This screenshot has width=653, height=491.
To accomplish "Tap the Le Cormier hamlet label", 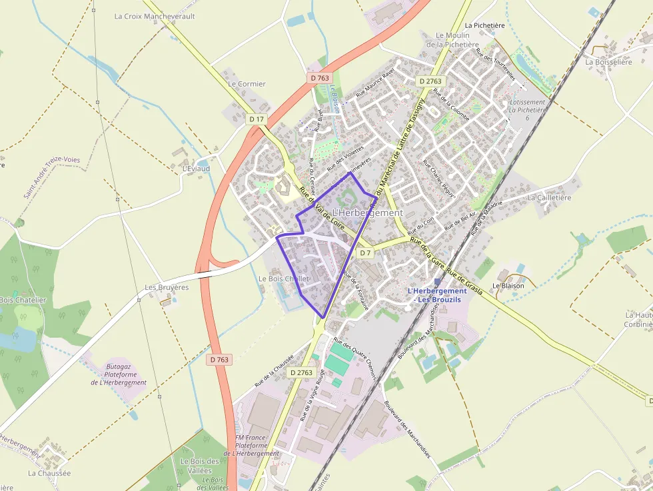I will [247, 84].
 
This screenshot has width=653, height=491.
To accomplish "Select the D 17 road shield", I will [256, 119].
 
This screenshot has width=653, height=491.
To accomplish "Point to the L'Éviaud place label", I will [196, 169].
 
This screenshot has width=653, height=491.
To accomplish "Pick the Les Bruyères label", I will [167, 288].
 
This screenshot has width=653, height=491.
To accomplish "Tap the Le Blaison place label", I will [508, 286].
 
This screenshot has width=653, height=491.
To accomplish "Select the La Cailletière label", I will [550, 198].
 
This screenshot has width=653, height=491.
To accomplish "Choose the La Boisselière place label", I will [607, 62].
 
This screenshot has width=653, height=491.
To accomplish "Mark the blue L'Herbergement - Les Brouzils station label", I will [436, 295].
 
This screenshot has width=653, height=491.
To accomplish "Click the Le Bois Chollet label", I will [283, 278].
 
